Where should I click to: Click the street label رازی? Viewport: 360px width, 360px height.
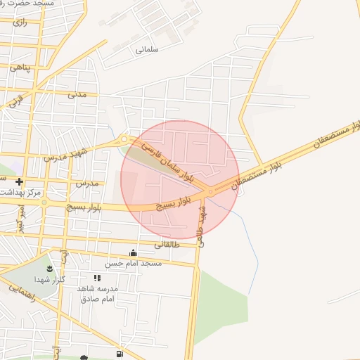click(20, 22)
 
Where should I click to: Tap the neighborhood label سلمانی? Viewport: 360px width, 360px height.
click(148, 50)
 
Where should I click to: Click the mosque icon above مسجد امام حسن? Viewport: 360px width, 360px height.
click(133, 252)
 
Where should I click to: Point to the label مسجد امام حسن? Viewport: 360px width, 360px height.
click(134, 263)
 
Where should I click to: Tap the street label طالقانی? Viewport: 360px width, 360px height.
click(166, 245)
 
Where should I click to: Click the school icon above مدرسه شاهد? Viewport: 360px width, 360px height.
click(97, 278)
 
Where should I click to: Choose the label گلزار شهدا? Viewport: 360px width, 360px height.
click(53, 279)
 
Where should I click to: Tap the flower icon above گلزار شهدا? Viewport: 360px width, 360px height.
click(49, 268)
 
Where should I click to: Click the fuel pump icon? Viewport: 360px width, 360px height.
click(120, 353)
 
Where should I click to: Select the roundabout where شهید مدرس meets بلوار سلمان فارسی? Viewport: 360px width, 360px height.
click(124, 139)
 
